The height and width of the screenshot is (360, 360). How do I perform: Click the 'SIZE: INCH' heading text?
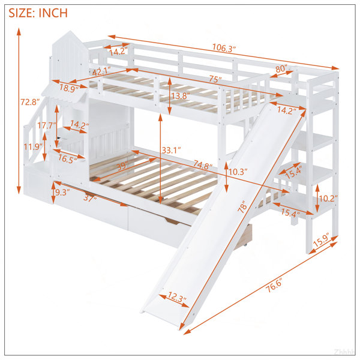click(x=38, y=13)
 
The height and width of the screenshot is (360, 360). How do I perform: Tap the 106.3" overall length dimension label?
click(x=224, y=48)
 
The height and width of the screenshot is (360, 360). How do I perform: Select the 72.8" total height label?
click(x=30, y=102)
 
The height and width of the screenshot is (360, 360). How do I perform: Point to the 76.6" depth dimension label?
click(x=274, y=286)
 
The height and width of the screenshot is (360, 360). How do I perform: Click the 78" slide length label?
click(x=242, y=206)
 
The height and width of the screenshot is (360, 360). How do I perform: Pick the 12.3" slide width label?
click(x=177, y=297)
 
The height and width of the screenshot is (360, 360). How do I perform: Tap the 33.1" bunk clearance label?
click(x=171, y=150)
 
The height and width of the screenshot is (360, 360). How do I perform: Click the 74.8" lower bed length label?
click(x=203, y=164)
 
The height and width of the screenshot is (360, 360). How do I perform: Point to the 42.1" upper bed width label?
click(x=101, y=71)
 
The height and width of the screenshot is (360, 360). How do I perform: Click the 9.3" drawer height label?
click(x=62, y=192)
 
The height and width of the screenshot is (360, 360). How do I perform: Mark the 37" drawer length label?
click(x=90, y=197)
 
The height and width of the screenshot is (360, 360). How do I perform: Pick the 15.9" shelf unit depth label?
click(x=321, y=240)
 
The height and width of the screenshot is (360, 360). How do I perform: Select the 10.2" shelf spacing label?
click(x=328, y=199)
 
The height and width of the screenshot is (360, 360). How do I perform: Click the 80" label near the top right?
click(x=281, y=69)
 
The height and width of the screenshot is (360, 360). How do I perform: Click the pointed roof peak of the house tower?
click(x=71, y=31)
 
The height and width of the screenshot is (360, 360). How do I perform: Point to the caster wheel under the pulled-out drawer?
click(x=245, y=245)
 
